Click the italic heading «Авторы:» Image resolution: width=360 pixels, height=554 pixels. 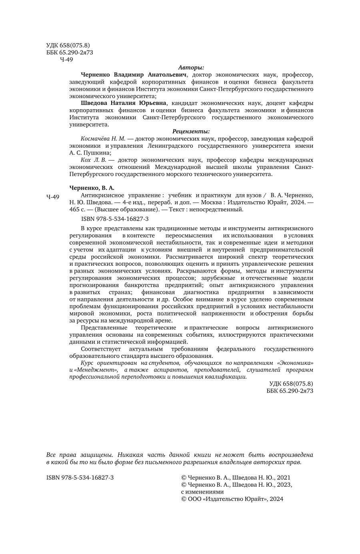coord(191,67)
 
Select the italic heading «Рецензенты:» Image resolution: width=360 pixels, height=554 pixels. coord(191,131)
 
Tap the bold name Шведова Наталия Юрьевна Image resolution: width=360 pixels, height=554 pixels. coord(123,103)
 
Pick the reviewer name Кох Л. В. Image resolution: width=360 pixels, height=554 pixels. coord(93,160)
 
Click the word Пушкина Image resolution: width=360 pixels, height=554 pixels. coord(96,153)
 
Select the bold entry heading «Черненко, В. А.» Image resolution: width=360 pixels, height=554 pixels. coord(92,188)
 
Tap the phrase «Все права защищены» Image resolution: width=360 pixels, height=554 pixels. coord(80,455)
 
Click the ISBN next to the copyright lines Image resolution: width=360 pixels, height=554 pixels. coord(80,478)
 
